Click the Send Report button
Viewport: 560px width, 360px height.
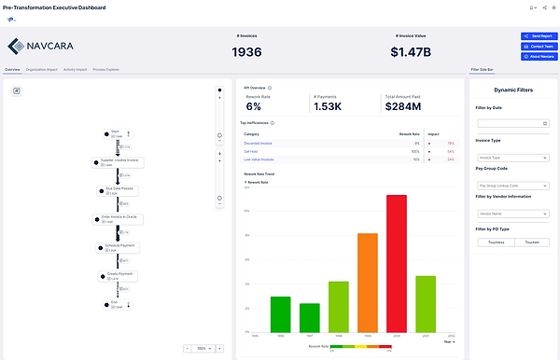point(539,36)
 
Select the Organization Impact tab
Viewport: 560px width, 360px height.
point(42,70)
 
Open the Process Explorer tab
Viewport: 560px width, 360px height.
point(105,70)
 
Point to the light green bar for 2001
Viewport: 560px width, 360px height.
point(426,304)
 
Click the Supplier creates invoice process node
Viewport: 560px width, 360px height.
point(120,161)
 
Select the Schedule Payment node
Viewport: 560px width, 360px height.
point(120,247)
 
